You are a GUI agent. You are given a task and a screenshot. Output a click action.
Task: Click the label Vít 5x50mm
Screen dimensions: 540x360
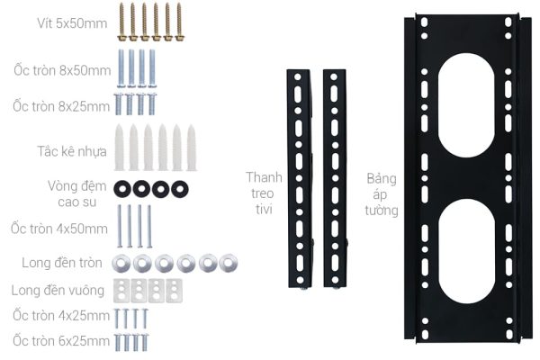click(72, 23)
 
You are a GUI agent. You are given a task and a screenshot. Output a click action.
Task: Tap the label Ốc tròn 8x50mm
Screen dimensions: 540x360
click(62, 70)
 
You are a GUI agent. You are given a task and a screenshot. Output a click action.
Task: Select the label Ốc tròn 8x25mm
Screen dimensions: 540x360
click(61, 106)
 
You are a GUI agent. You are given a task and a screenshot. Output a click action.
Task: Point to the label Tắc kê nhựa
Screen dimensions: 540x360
click(72, 151)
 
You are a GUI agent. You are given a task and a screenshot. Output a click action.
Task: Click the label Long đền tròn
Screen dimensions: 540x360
click(62, 263)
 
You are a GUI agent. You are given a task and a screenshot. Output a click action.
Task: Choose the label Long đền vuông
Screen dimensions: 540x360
click(58, 290)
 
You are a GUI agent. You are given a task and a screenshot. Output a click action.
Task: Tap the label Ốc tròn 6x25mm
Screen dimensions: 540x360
click(61, 341)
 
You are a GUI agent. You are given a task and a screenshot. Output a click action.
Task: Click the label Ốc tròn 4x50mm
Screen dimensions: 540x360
click(59, 229)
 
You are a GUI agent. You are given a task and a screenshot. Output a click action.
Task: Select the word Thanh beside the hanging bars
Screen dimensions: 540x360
click(264, 177)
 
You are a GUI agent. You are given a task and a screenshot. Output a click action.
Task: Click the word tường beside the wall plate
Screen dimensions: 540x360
click(382, 211)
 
